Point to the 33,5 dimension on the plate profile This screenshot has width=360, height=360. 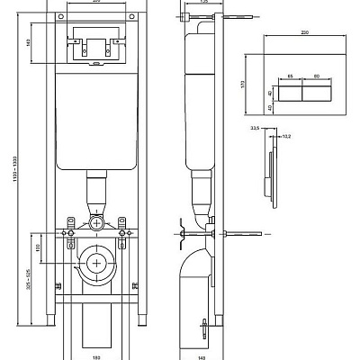pyautogui.click(x=256, y=130)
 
